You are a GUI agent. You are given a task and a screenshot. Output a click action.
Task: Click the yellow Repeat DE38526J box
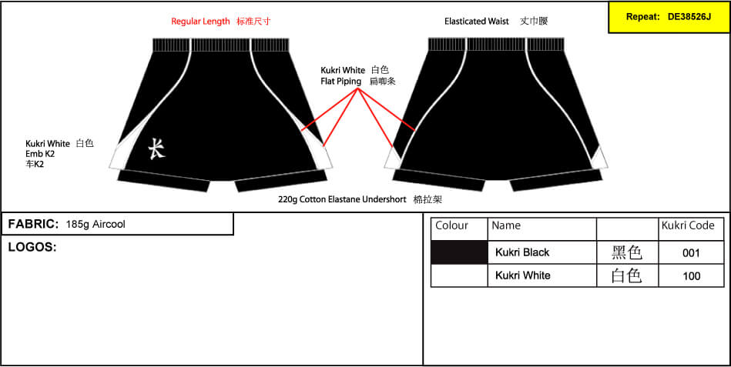[x=669, y=17]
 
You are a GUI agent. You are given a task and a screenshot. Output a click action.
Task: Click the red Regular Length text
[x=200, y=22]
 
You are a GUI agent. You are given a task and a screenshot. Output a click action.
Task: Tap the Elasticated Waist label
[x=477, y=22]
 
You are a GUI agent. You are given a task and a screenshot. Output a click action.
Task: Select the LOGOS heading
[x=32, y=247]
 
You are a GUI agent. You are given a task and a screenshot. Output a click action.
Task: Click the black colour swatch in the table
[x=459, y=252]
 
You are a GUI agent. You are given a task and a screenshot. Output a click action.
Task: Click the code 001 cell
[x=691, y=253]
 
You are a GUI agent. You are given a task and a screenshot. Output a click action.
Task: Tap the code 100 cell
[x=691, y=275]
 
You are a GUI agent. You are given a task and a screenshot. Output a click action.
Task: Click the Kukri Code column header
[x=688, y=226]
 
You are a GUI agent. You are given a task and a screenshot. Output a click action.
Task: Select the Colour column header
[x=451, y=226]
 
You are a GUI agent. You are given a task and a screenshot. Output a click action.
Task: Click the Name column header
[x=506, y=226]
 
